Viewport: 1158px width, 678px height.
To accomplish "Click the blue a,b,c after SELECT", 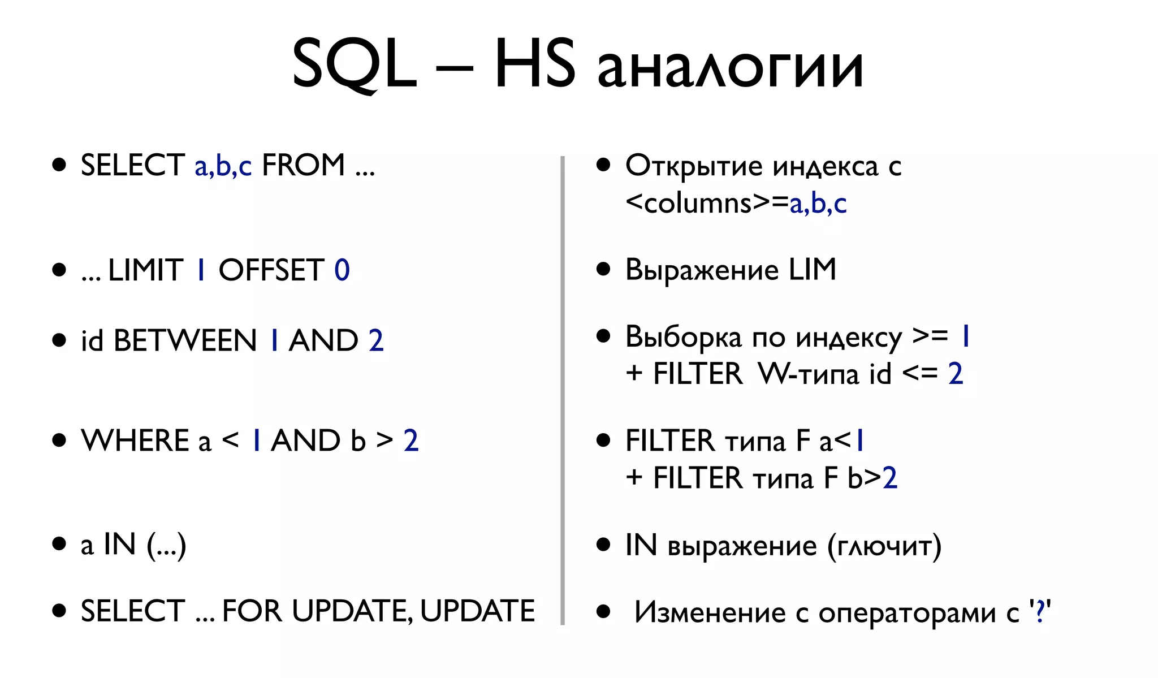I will (x=223, y=166).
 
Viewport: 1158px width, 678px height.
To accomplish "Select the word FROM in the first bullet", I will (x=303, y=165).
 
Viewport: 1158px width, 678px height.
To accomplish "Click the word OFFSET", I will (x=271, y=270).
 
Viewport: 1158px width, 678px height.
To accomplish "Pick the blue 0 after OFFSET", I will (x=342, y=270).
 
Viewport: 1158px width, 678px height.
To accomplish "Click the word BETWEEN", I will (x=185, y=340).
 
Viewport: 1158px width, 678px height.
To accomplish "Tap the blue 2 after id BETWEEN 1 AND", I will (x=376, y=340).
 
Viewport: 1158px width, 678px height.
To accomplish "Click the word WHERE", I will (x=135, y=441).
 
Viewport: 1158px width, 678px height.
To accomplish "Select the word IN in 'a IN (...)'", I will (x=119, y=545).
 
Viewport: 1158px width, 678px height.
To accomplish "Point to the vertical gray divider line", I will (x=563, y=390).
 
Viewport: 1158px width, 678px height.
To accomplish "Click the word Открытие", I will (x=694, y=166).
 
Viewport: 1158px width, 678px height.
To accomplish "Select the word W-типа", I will (x=809, y=374).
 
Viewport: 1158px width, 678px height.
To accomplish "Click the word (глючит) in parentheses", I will (x=884, y=546).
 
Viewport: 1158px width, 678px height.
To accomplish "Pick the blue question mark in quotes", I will (x=1039, y=611).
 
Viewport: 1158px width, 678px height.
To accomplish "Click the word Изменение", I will (x=710, y=612).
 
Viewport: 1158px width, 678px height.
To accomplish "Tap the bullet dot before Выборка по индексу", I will (x=603, y=336).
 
